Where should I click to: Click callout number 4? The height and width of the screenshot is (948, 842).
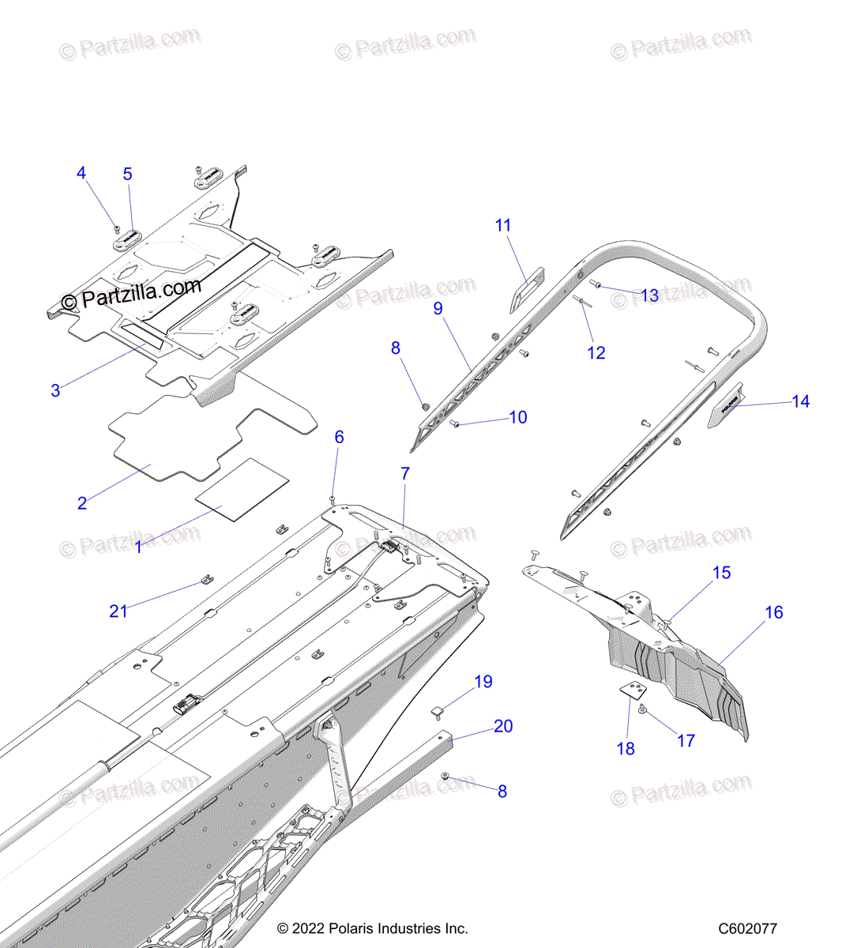click(x=81, y=173)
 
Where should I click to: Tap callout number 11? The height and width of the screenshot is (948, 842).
click(x=503, y=225)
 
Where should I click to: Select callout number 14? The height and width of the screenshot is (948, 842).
click(x=800, y=401)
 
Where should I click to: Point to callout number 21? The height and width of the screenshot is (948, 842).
click(x=118, y=611)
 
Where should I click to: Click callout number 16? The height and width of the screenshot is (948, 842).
click(x=774, y=612)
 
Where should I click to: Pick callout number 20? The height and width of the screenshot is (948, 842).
click(x=503, y=726)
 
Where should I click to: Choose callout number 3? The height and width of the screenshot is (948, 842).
click(x=55, y=390)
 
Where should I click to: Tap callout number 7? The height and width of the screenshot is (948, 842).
click(x=405, y=474)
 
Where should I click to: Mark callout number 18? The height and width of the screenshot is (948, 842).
click(x=626, y=748)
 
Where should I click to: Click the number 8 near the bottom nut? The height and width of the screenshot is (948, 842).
click(x=502, y=791)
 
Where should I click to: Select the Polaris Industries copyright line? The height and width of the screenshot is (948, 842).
click(x=372, y=929)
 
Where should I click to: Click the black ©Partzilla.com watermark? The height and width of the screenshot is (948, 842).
click(x=131, y=295)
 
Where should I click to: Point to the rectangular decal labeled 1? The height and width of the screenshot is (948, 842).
click(x=242, y=490)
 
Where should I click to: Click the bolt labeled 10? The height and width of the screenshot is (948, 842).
click(x=455, y=424)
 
